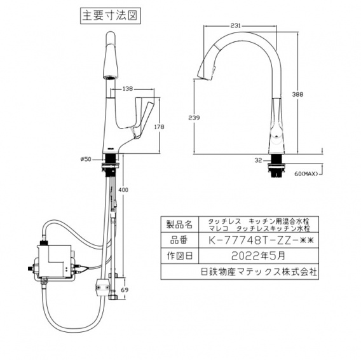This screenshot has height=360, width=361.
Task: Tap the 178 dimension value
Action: [160, 127]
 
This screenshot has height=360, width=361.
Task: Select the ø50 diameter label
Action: [88, 159]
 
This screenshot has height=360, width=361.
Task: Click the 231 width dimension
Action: [235, 25]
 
